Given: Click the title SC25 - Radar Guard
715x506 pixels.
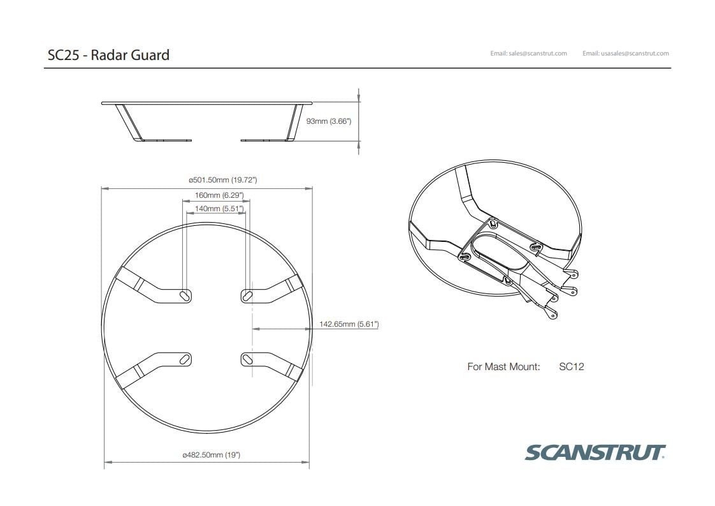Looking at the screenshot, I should click(108, 55).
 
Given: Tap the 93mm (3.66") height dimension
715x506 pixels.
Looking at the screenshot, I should click(329, 121).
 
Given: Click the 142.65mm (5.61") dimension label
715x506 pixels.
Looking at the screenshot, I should click(349, 324).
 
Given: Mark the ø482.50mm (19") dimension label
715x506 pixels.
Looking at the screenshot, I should click(211, 455).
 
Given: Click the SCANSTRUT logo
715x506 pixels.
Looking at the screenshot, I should click(595, 452).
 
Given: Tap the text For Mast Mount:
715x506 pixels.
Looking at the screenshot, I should click(503, 367).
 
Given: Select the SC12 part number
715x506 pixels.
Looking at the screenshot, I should click(571, 367).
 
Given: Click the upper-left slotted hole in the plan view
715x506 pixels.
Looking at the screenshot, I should click(185, 295).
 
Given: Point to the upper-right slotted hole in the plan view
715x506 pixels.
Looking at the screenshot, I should click(247, 295).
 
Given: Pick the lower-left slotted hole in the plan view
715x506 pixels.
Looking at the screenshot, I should click(185, 360).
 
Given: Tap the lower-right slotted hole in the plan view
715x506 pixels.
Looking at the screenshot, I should click(247, 360).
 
